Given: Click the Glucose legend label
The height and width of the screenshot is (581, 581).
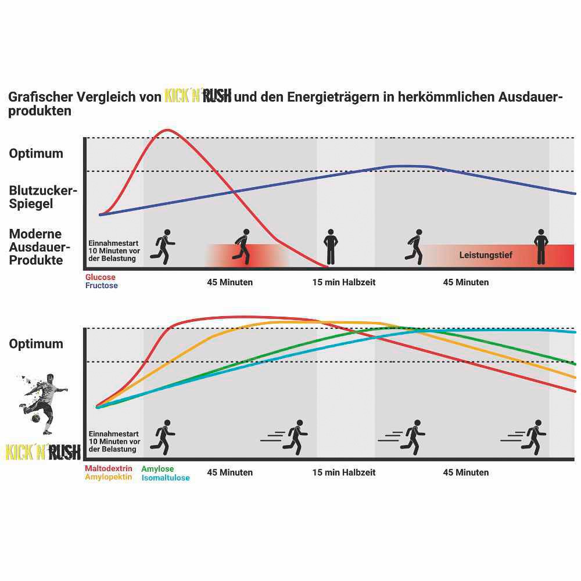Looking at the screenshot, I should (x=101, y=278).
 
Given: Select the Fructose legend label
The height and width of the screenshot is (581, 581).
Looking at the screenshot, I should (x=102, y=285).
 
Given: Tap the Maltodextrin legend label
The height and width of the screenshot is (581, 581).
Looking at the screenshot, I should (x=109, y=468).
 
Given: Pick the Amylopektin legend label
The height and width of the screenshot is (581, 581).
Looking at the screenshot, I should (x=109, y=477).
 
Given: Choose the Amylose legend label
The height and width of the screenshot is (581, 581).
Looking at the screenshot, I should (x=157, y=469).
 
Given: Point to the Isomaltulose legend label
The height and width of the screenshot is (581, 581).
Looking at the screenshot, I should (x=166, y=478).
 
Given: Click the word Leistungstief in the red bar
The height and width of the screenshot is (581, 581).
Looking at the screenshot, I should (x=486, y=254).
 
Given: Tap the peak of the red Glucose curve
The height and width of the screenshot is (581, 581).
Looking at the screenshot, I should (x=168, y=130).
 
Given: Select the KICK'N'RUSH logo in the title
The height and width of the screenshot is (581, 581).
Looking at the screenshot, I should (x=198, y=96).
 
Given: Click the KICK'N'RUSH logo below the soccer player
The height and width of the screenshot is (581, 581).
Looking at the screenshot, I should (x=43, y=453).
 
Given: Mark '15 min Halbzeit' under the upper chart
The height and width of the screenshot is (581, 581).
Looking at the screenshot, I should (x=344, y=282).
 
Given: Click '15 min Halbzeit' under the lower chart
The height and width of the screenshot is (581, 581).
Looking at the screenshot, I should (x=344, y=472).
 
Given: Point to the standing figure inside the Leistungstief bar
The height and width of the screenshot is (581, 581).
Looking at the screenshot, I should (x=541, y=247).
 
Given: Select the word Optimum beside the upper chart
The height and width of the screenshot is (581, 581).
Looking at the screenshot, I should (x=36, y=154).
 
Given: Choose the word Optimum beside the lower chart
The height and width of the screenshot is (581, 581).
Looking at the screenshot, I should (x=36, y=344).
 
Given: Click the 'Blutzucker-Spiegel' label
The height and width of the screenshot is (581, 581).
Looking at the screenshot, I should (x=43, y=197).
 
